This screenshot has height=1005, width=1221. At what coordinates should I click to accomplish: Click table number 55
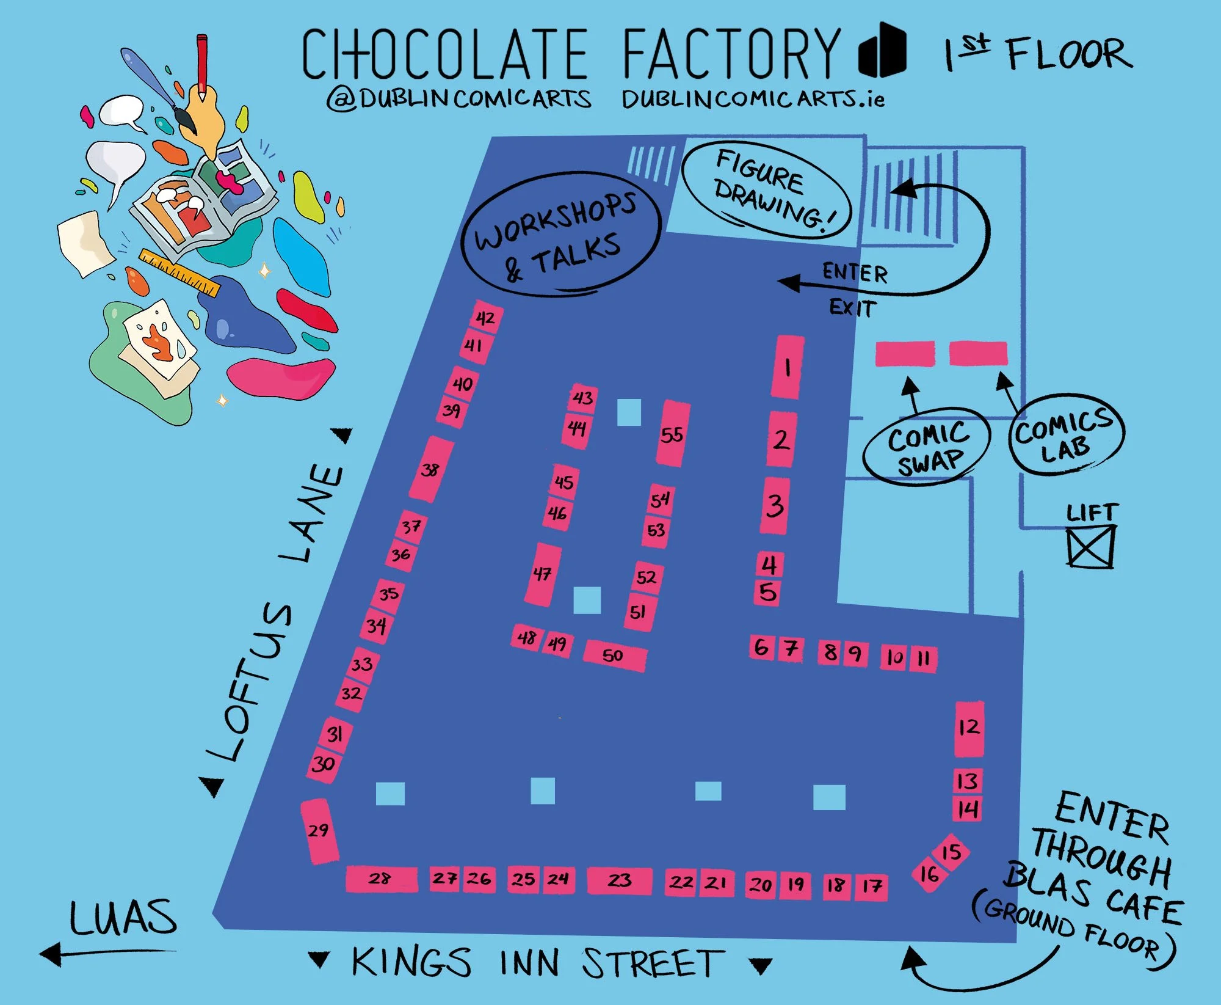(672, 434)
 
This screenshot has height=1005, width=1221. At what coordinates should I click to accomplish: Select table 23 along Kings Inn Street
(619, 880)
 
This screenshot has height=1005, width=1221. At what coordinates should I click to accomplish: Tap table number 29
(319, 831)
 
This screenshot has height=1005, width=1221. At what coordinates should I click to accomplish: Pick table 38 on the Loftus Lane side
(431, 469)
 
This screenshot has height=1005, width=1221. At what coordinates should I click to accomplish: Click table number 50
(614, 656)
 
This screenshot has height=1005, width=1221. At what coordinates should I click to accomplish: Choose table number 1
(788, 367)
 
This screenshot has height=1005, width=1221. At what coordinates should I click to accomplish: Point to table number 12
(969, 728)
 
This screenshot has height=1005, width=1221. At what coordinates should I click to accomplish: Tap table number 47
(543, 574)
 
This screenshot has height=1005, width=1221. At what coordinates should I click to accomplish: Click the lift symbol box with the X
(1091, 547)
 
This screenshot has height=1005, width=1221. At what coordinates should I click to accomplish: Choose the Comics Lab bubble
(1065, 434)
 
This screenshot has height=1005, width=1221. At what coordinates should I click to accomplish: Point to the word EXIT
(852, 307)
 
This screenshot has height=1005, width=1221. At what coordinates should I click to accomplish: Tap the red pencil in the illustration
(201, 64)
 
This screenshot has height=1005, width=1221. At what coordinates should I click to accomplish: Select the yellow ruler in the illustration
(179, 272)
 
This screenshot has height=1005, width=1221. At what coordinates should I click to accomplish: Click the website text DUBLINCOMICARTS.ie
(753, 100)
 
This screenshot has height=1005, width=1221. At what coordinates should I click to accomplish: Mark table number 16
(929, 874)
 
